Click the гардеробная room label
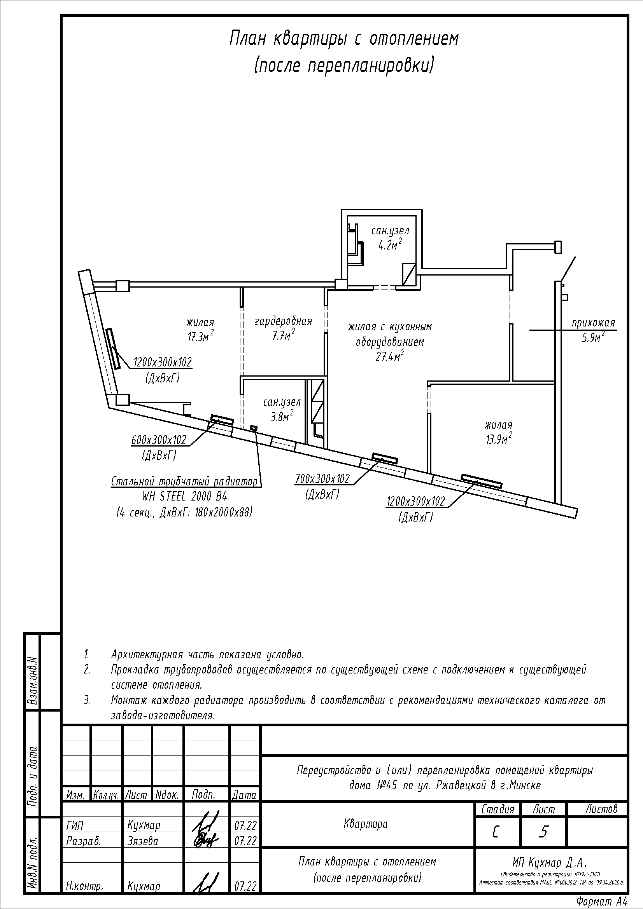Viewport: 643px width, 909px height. click(283, 321)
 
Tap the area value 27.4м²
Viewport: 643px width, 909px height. click(390, 356)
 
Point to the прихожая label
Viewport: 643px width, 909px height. click(593, 323)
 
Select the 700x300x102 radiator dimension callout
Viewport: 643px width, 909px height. click(322, 479)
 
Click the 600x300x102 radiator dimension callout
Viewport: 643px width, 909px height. click(158, 440)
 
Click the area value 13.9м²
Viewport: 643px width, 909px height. click(498, 439)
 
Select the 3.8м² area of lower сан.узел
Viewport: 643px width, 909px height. click(282, 416)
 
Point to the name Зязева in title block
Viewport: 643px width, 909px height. click(143, 841)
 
